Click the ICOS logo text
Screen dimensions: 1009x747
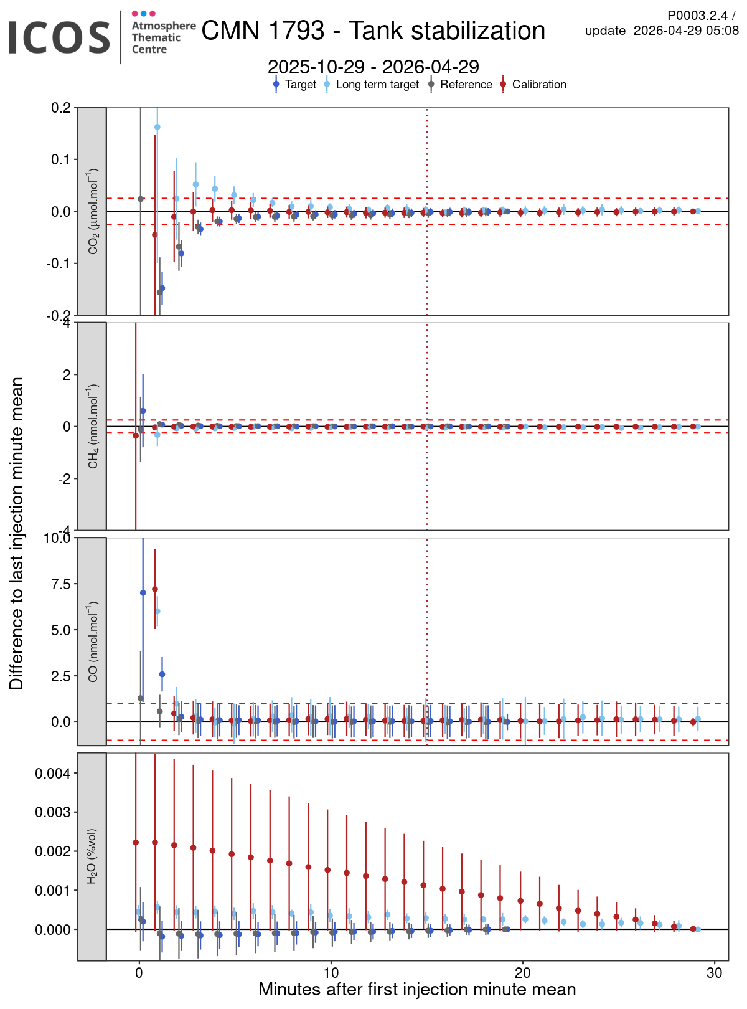59,37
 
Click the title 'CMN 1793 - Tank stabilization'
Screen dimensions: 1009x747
373,31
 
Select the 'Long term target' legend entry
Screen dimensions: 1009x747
377,85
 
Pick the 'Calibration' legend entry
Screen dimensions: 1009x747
538,85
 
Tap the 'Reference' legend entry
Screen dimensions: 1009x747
466,85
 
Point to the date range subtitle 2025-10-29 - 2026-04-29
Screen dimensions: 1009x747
373,67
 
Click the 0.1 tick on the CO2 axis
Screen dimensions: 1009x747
60,160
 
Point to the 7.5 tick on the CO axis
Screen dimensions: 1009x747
60,584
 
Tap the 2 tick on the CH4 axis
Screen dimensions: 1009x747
65,375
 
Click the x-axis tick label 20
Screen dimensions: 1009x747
522,973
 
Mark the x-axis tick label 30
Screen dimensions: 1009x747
714,973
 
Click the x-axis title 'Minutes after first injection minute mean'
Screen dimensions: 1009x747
417,990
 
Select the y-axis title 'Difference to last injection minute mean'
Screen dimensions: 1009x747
16,533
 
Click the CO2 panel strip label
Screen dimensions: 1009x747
92,212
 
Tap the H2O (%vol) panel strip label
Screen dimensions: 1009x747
92,856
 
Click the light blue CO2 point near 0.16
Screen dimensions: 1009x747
157,127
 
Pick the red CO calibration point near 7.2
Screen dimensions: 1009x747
155,589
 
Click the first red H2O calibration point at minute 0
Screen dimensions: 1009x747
136,843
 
